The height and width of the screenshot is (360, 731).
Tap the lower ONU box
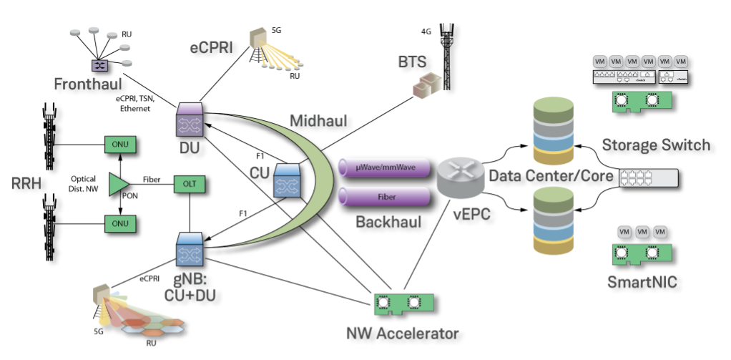pyautogui.click(x=119, y=223)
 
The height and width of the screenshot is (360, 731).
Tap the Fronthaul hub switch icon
pyautogui.click(x=98, y=64)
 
